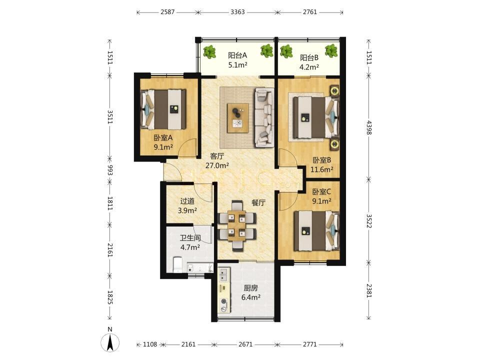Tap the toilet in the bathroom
(177, 264)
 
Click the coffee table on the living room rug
(238, 118)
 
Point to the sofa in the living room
(264, 118)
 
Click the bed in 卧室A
(163, 109)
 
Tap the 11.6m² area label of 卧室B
(321, 169)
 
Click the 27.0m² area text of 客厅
(217, 165)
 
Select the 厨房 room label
(250, 288)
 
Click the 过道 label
(187, 201)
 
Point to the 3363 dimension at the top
(237, 12)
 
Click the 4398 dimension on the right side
(369, 127)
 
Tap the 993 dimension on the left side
(110, 170)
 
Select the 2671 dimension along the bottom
(245, 344)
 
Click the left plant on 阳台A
(209, 51)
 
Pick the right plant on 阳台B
(331, 50)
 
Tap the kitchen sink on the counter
(223, 275)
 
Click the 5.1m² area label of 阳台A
(238, 65)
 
